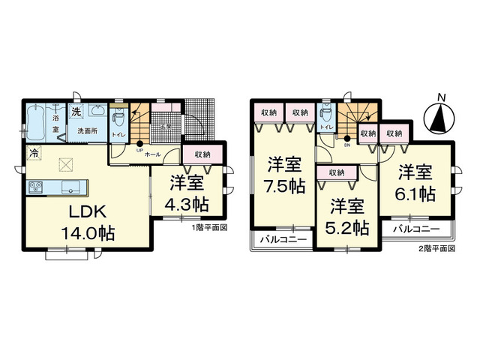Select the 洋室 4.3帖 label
pyautogui.click(x=187, y=193)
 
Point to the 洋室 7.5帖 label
pyautogui.click(x=285, y=174)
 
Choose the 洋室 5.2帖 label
pyautogui.click(x=348, y=214)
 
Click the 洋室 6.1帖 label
pyautogui.click(x=415, y=182)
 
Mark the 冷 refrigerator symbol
pyautogui.click(x=34, y=154)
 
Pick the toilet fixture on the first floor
pyautogui.click(x=118, y=118)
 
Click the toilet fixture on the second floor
pyautogui.click(x=325, y=115)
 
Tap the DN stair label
pyautogui.click(x=347, y=145)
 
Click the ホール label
pyautogui.click(x=153, y=153)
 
